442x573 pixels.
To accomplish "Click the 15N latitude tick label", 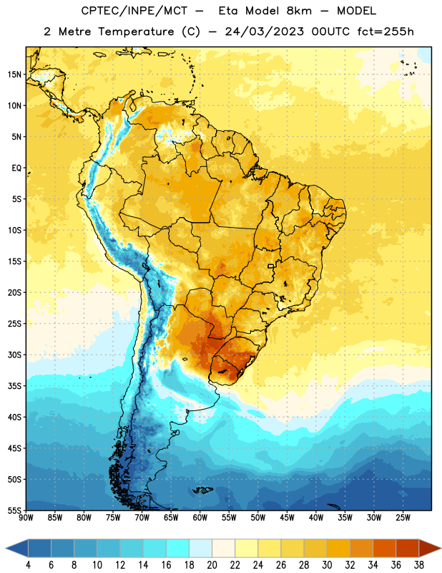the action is point(14,74).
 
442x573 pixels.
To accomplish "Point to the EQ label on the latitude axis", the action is point(16,168).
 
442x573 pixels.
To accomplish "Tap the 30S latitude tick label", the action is point(14,355).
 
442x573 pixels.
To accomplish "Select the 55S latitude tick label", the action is point(14,510).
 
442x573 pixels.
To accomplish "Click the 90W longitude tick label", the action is point(26,518).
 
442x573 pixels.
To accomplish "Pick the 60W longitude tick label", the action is point(200,518).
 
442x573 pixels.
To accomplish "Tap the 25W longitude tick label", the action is point(403,518).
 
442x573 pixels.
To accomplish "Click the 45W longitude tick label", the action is point(287,518).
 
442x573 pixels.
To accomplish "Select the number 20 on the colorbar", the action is point(212,565).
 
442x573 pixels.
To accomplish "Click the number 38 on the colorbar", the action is point(419,565).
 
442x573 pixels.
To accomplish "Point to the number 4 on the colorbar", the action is point(28,565).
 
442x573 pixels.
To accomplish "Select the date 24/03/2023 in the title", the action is point(264,32).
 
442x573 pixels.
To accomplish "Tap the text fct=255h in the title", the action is point(385,32).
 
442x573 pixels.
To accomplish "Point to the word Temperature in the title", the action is point(136,32).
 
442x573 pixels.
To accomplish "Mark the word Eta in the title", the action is point(228,11).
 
